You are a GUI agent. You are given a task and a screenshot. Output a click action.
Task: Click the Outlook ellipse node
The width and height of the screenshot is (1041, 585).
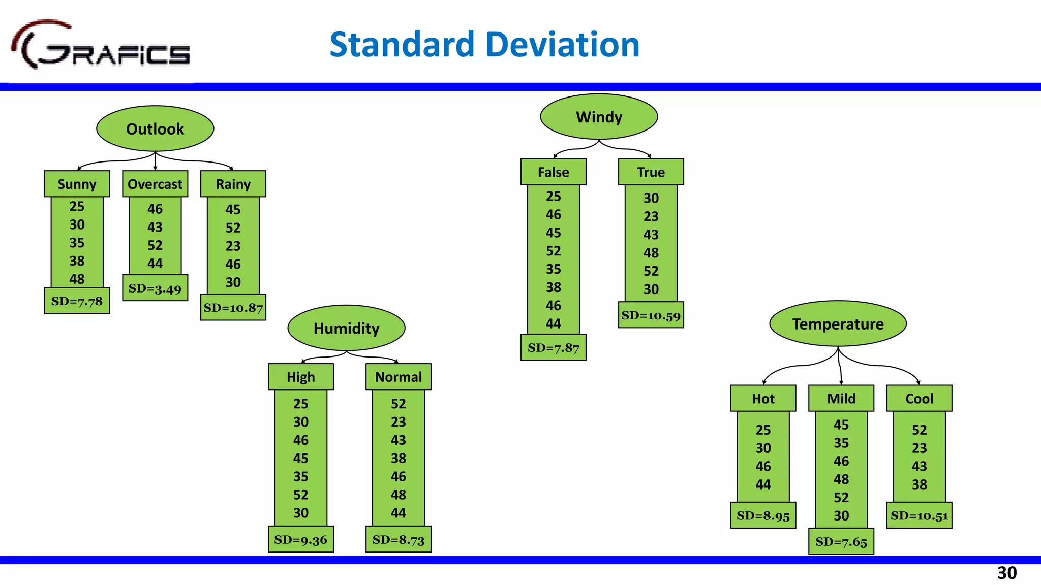[x=155, y=128]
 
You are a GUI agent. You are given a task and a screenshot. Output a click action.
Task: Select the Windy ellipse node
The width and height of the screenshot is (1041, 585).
[x=599, y=117]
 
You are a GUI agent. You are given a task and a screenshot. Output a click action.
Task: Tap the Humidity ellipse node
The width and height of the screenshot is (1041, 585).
[x=346, y=328]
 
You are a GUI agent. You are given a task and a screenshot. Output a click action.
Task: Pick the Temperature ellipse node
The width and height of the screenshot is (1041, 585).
[x=838, y=324]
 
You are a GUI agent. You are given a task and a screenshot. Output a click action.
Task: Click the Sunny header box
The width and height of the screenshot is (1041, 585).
[x=77, y=184]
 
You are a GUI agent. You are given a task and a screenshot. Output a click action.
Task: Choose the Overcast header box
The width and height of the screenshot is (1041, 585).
[x=155, y=184]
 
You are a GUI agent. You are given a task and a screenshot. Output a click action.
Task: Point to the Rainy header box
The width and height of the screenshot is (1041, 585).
[x=233, y=184]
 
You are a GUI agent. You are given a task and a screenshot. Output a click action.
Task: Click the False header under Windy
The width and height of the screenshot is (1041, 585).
[x=553, y=172]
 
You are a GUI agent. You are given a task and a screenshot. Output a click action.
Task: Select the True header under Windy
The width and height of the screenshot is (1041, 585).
[x=651, y=172]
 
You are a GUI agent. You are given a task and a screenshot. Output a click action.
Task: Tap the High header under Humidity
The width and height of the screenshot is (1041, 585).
[x=300, y=377]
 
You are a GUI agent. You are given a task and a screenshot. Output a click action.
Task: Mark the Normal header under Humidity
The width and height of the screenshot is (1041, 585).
[x=399, y=377]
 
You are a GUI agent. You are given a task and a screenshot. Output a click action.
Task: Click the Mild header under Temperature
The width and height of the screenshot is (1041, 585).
[x=841, y=399]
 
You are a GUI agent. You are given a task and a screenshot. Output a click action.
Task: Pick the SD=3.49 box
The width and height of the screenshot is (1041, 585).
[x=155, y=288]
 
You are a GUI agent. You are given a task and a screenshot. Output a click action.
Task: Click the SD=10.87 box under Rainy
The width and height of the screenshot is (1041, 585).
[x=233, y=308]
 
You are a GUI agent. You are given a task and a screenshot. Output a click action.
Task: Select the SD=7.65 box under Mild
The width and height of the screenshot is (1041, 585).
[x=841, y=542]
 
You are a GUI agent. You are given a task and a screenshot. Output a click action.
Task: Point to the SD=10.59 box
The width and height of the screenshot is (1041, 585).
[x=651, y=315]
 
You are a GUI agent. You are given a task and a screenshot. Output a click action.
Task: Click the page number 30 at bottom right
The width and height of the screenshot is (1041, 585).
[x=1006, y=573]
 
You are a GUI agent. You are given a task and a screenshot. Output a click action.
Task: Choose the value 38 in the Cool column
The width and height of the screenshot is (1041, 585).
[x=919, y=484]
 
